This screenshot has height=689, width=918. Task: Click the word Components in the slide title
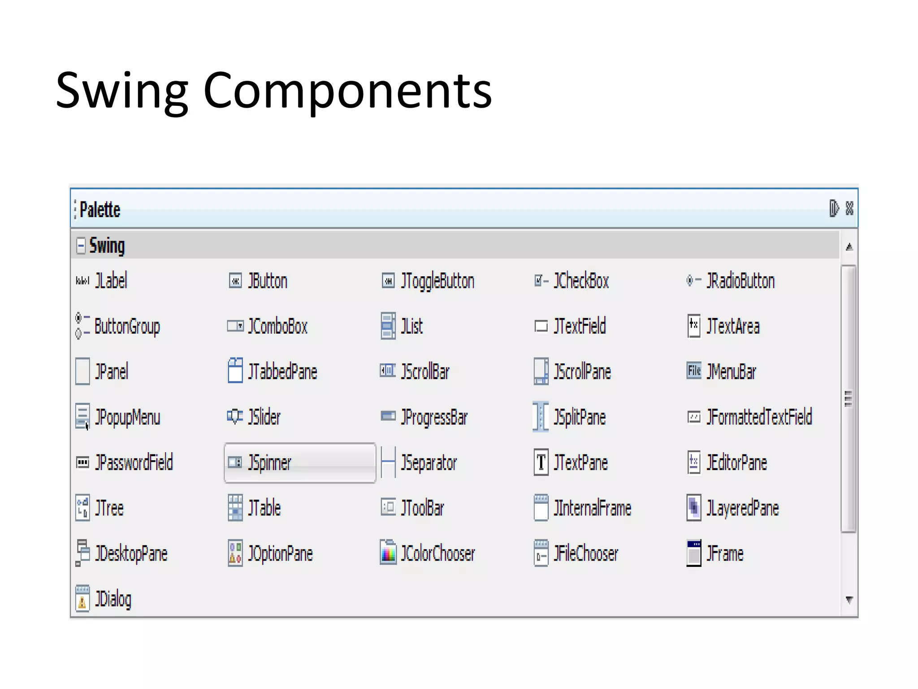347,91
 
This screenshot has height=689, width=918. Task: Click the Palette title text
100,209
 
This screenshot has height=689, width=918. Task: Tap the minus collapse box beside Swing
81,245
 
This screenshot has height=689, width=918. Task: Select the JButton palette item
268,281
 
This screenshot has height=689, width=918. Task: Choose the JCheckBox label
581,281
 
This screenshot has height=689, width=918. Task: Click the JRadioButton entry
740,281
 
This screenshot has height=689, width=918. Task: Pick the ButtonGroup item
127,326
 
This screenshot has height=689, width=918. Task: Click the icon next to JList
388,326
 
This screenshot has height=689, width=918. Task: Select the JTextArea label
733,326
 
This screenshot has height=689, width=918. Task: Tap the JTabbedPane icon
235,371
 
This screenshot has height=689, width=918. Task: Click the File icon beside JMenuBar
694,371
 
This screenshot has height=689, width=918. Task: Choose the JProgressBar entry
434,417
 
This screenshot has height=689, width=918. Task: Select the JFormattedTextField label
759,417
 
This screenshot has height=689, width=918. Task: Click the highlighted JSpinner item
299,462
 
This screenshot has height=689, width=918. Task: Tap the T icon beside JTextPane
541,462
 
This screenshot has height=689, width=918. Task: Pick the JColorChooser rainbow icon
388,553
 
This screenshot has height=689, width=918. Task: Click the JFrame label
725,554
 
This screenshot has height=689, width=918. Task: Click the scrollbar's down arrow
849,599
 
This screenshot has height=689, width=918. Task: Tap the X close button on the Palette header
849,208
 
